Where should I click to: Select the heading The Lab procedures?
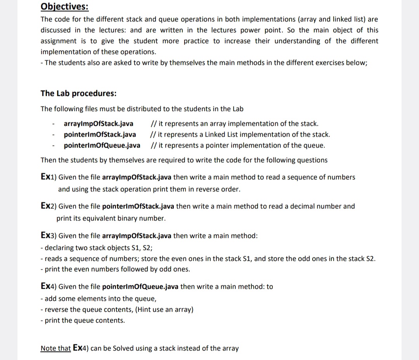click(x=78, y=93)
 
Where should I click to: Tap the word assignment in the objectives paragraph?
click(x=58, y=41)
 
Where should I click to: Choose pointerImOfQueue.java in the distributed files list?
click(x=102, y=145)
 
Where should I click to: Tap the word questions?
click(x=312, y=160)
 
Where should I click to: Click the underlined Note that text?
click(x=55, y=348)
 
